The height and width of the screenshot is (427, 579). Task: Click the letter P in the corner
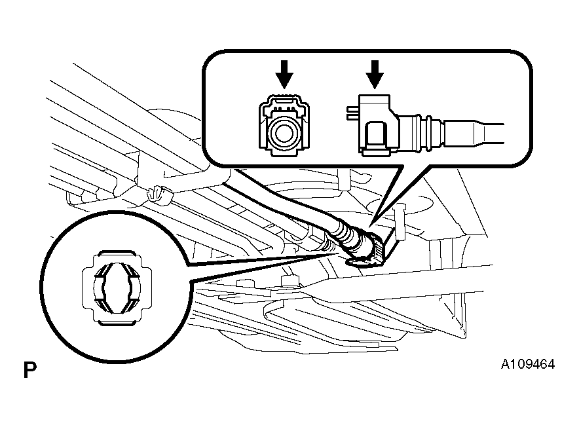click(30, 370)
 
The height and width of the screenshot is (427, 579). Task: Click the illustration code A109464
click(528, 364)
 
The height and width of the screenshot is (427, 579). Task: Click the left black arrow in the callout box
click(284, 74)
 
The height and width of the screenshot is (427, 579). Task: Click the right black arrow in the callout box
click(375, 74)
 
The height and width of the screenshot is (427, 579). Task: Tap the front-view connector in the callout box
click(284, 126)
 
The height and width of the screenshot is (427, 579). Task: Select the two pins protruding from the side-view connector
click(352, 112)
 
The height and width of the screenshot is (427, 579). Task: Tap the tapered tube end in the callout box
click(474, 133)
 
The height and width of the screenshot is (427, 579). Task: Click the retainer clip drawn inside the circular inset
click(117, 288)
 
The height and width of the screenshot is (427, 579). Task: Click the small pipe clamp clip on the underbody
click(160, 195)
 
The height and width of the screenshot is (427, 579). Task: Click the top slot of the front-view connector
click(284, 100)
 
